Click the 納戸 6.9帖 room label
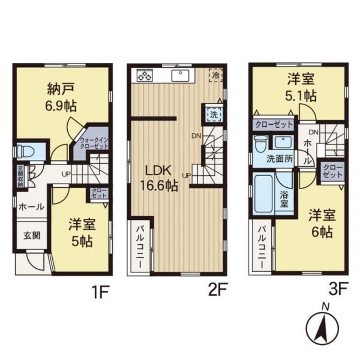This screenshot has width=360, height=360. click(x=61, y=97)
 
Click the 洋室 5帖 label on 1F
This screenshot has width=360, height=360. click(x=80, y=232)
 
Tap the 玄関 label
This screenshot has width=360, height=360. click(x=32, y=235)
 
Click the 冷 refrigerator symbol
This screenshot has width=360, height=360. click(x=216, y=75)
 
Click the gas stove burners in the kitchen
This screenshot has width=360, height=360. click(x=144, y=75)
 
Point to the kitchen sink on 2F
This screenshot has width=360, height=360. click(x=181, y=75)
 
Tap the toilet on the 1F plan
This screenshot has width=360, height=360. click(x=27, y=151)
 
